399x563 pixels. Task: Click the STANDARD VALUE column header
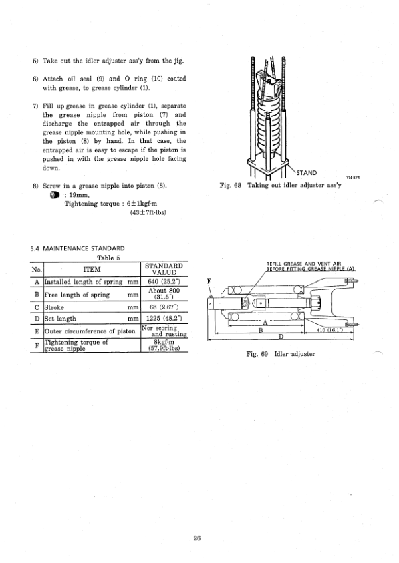[x=163, y=268]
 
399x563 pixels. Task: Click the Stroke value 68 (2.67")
[x=163, y=308]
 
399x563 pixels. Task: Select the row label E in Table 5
[x=36, y=331]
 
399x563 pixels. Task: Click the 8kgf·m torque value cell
[x=163, y=344]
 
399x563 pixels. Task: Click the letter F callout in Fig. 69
[x=211, y=282]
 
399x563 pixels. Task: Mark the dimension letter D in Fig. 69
[x=281, y=337]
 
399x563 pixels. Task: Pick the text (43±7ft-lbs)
[x=147, y=214]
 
